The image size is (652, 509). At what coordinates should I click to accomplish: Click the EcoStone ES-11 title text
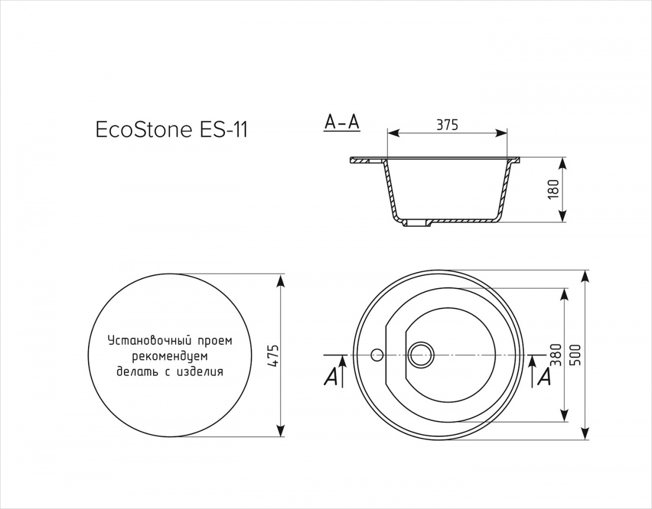coord(172,130)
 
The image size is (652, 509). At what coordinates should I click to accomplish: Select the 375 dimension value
coord(447,125)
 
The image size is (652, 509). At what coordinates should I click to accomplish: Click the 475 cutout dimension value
coord(274,356)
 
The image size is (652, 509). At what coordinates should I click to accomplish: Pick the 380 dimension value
coord(556,355)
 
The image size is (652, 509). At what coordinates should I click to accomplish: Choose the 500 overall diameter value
coord(576,355)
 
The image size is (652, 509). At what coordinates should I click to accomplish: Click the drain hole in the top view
coord(421,355)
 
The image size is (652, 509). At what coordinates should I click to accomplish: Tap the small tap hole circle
coord(377,355)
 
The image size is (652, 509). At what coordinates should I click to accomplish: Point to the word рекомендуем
coord(170,356)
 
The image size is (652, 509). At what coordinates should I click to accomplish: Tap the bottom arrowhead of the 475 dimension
coord(280,430)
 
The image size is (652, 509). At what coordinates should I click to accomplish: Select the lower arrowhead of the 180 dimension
coord(563,215)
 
